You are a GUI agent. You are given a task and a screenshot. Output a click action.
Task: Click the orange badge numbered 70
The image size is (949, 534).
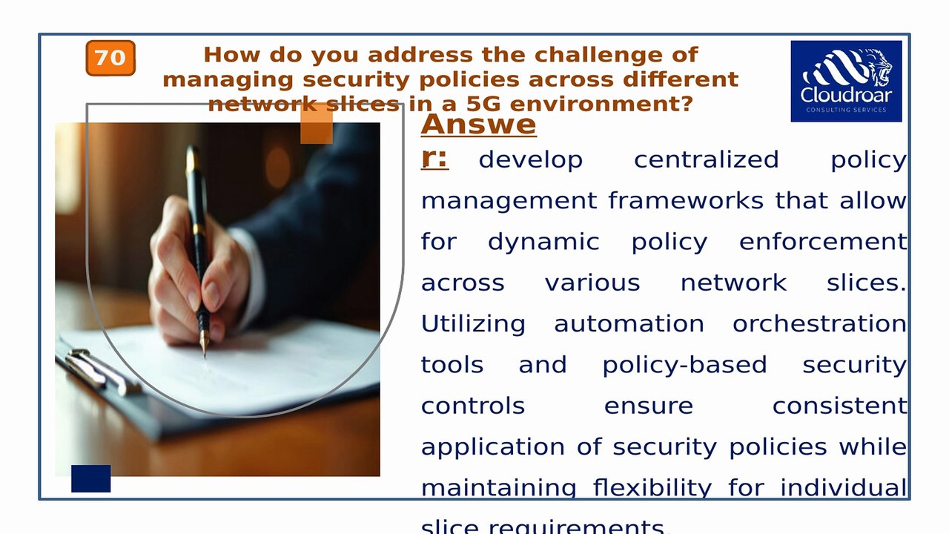coord(110,58)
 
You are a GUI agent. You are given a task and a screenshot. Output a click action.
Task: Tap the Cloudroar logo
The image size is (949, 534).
coord(846,81)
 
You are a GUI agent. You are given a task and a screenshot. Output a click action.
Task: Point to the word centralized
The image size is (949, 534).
coord(706,160)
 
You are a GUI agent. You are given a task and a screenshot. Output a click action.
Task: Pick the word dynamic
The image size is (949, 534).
coord(543,242)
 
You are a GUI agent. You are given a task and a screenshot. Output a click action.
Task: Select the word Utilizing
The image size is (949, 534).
coord(473,324)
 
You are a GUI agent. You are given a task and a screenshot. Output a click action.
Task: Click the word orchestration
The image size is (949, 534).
coord(819,324)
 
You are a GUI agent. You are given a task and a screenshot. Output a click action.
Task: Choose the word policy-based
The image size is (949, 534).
coord(684,365)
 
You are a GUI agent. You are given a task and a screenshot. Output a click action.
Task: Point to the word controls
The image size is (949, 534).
coord(473,406)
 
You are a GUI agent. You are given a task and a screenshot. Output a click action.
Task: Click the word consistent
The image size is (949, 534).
coord(839,406)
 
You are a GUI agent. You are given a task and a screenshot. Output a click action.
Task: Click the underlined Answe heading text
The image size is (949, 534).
coord(478,124)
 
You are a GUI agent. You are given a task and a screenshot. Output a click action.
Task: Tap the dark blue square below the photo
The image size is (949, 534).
coord(90,478)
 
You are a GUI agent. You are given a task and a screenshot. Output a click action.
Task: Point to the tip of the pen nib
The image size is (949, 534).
coord(205,355)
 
